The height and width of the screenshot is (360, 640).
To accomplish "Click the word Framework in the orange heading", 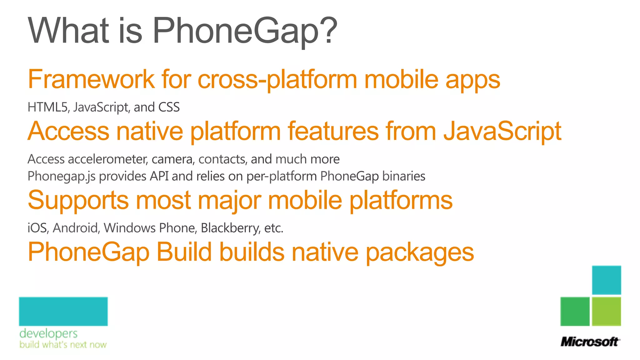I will point(91,79).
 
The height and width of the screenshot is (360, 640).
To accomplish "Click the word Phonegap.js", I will point(62,177).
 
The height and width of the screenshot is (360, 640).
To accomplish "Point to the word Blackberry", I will point(230,228).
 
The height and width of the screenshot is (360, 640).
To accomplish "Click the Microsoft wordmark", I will point(590,342).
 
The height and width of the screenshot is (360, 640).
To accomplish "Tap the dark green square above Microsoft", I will point(575,311).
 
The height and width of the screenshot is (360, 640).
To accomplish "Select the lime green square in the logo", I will point(606,311).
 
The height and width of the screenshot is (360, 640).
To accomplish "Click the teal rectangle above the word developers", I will point(63,311).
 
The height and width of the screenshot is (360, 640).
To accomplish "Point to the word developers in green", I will point(48,333).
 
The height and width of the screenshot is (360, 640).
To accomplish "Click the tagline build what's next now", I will point(63,345).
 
